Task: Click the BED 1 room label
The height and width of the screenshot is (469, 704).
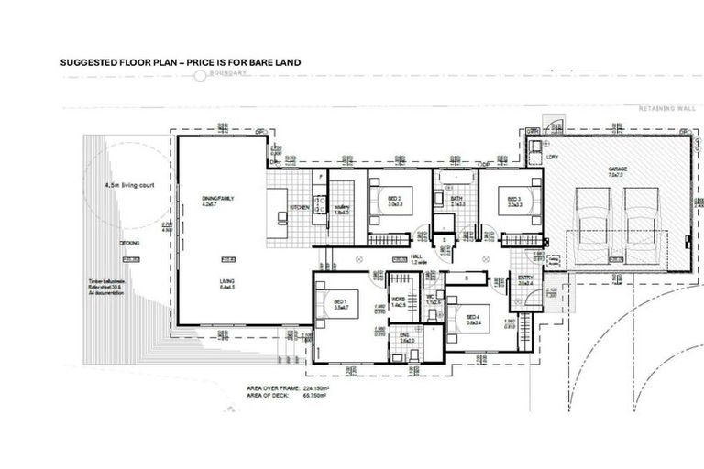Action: point(339,302)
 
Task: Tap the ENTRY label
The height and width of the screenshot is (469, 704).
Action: point(525,279)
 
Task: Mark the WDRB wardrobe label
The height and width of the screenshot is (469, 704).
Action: point(399,300)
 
